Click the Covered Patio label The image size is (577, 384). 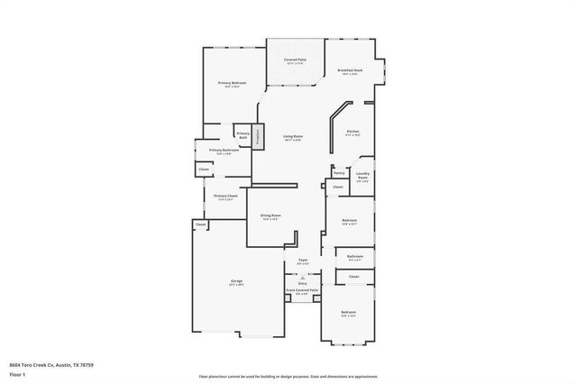(x=295, y=59)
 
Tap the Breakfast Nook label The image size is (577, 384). (x=350, y=70)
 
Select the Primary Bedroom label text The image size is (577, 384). (x=232, y=83)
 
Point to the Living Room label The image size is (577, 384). (x=292, y=136)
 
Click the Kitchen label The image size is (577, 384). (x=353, y=132)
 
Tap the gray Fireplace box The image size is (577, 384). (x=258, y=136)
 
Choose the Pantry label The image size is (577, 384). (x=339, y=172)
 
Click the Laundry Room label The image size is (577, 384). (x=362, y=176)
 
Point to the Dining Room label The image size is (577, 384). (x=270, y=215)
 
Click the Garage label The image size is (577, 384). (x=235, y=282)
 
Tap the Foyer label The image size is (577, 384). (x=303, y=261)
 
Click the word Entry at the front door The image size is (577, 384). (x=302, y=283)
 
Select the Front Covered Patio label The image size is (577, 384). (x=302, y=290)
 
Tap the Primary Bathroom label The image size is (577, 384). (x=222, y=151)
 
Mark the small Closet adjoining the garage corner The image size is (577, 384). (x=199, y=224)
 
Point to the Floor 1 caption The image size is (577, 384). (x=18, y=374)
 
